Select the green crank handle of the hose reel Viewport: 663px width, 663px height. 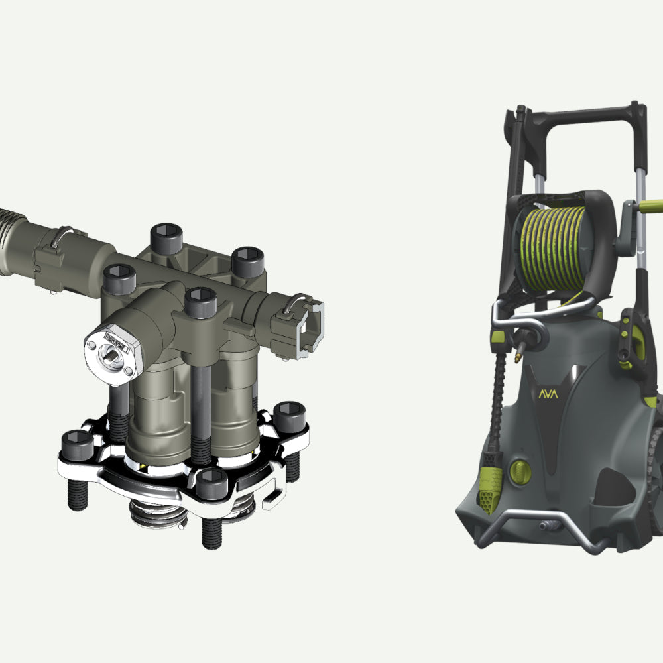651,206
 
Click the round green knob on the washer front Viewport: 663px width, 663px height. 520,471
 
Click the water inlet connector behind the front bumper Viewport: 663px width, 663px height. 549,526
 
